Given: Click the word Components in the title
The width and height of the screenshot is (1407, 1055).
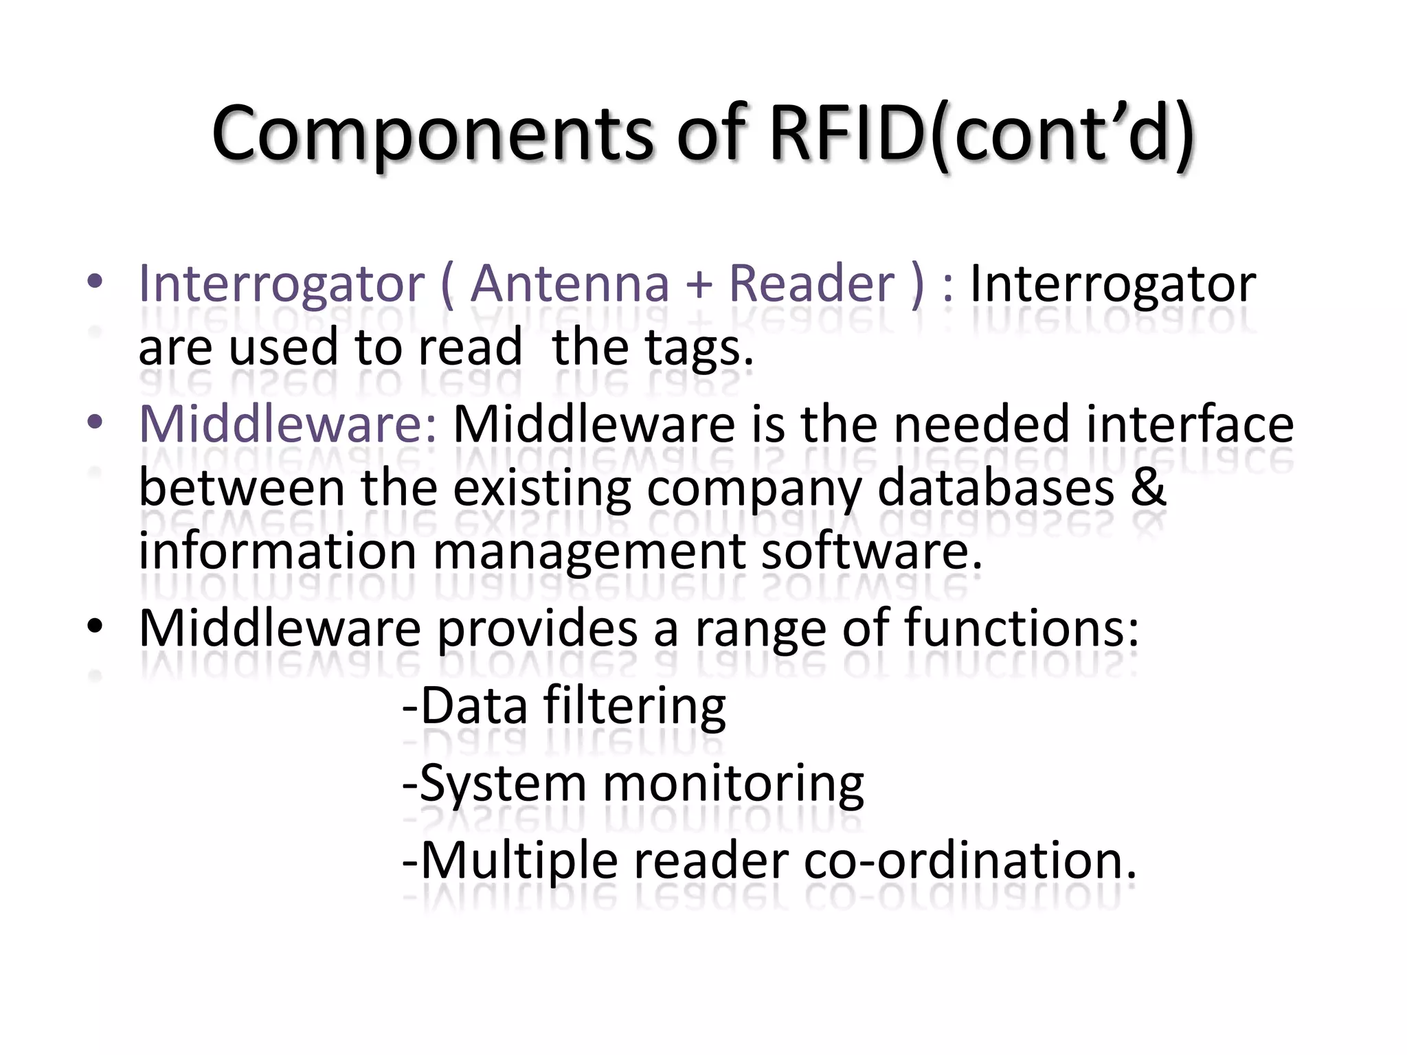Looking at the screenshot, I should coord(433,134).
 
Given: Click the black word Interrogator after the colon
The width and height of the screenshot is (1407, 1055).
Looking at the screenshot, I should coord(1112,284).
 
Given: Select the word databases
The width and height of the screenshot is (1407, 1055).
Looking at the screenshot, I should coord(995,488).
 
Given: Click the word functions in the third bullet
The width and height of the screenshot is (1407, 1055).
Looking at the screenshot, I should coord(1021,628).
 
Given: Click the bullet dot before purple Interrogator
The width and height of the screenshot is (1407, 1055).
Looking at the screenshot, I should coord(95,282).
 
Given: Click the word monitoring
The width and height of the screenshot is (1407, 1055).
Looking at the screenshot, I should coord(732,784).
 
